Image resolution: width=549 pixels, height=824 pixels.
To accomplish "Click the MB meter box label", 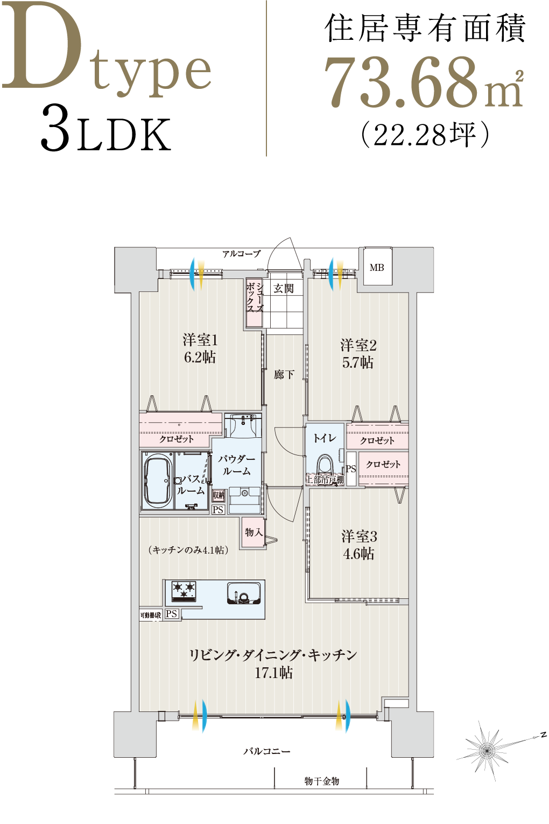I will [377, 268].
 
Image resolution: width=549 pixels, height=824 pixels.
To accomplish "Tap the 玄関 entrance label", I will [283, 289].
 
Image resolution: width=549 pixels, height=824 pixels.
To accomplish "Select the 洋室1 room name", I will [200, 340].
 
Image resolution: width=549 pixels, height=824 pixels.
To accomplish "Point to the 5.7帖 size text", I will [357, 363].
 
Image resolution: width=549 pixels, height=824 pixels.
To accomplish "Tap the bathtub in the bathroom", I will [157, 481].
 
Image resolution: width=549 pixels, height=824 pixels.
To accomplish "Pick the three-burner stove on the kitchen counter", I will [184, 590].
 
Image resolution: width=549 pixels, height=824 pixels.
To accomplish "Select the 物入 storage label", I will [254, 532].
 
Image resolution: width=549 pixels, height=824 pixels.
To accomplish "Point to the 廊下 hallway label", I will [284, 374].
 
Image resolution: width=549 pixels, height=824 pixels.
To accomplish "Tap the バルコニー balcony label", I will [267, 751].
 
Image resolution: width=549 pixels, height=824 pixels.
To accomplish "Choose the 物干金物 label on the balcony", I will [322, 781].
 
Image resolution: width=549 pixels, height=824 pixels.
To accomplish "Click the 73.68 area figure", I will [401, 82].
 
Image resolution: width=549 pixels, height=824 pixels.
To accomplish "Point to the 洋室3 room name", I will [359, 536].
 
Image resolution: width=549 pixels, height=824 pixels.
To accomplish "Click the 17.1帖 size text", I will [273, 673].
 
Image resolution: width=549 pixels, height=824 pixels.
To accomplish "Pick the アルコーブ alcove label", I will [241, 254].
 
